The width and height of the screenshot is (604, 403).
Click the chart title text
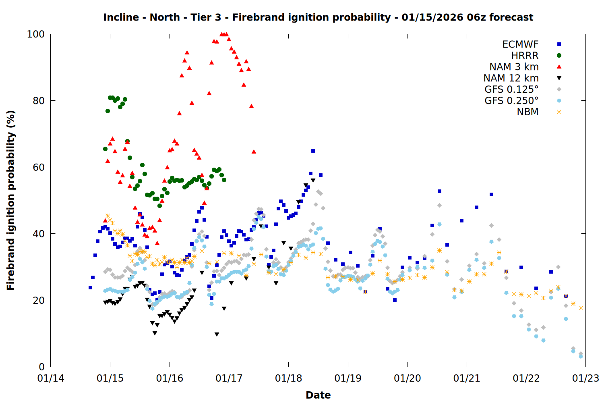coord(318,17)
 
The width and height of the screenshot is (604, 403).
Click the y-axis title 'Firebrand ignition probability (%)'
coord(11,200)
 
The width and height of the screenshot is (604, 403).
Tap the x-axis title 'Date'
coord(318,395)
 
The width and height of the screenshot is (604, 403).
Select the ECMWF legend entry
coord(520,44)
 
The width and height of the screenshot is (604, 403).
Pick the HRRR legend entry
coord(525,56)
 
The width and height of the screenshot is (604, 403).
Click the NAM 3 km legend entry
coord(514,67)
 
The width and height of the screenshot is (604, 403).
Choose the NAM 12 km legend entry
coord(511,78)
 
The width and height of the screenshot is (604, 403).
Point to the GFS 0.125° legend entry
coord(511,89)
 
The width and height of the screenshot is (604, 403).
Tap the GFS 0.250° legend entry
coord(511,101)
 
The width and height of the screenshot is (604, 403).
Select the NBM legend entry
coord(527,112)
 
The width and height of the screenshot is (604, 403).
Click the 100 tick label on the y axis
coord(35,34)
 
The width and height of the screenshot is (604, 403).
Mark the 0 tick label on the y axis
coord(41,367)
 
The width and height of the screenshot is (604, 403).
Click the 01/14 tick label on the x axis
coord(51,378)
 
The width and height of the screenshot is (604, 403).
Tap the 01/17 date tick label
coord(229,378)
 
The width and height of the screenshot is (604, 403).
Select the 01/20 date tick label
coord(407,378)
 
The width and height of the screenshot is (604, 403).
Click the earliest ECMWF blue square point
coord(90,287)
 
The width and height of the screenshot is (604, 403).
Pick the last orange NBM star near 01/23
coord(581,308)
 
